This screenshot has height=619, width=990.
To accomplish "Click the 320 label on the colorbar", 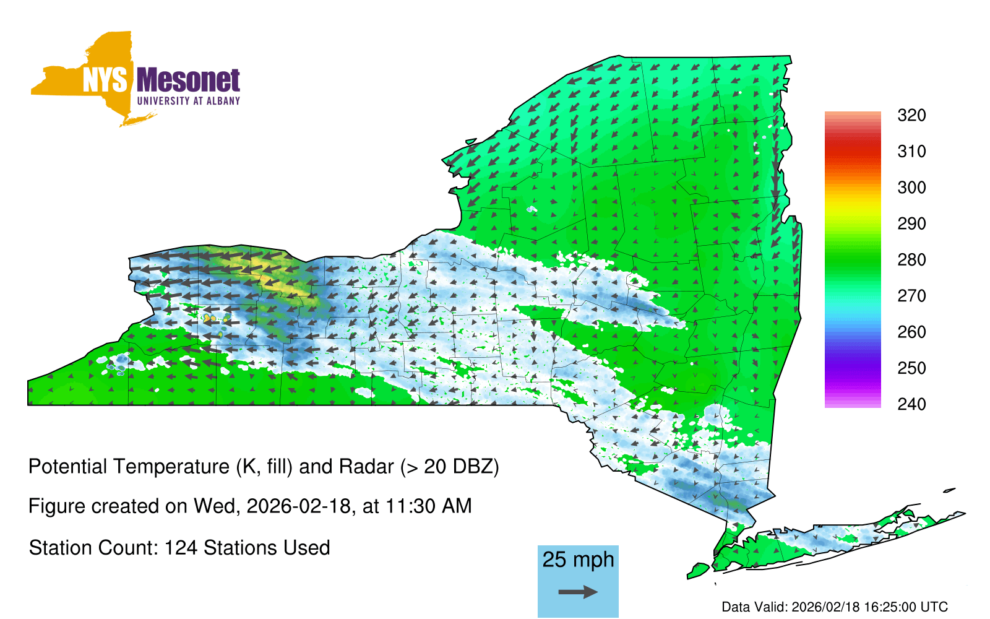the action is point(911,115).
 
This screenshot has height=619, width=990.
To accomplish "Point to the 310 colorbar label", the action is point(911,152).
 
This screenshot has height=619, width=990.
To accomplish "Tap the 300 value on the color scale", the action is point(911,188).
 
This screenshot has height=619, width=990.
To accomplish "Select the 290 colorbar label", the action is point(911,223).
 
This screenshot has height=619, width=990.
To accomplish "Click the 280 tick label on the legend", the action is point(911,259).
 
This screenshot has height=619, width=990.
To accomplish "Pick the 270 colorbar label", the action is point(911,296).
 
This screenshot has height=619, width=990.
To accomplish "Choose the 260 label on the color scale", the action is point(911,332).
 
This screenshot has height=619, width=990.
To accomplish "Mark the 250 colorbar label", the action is point(911,368).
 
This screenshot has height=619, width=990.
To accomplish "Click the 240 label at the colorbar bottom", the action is point(911,404).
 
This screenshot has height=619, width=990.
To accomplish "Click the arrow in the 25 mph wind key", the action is point(578,592).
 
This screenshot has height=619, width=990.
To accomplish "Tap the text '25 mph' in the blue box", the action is point(578,560).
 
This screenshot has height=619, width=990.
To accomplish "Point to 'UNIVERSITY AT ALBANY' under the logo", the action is point(189,101).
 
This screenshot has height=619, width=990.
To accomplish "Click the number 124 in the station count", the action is point(181,548).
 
